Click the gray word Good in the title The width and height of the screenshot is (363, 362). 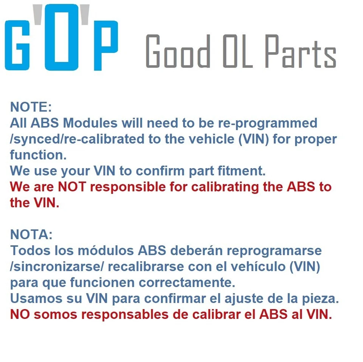(178, 51)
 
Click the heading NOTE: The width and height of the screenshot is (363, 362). (31, 107)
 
